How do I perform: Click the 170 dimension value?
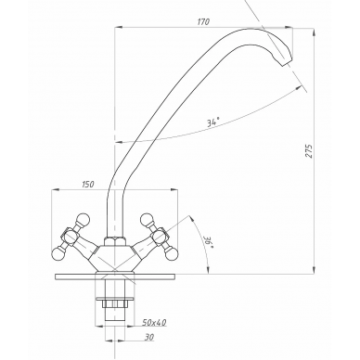tap(203, 21)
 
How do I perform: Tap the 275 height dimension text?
tap(309, 151)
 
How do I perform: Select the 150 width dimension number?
tap(87, 185)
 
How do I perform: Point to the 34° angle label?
tap(213, 122)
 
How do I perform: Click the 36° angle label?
tap(206, 239)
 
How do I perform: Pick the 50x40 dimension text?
tap(154, 323)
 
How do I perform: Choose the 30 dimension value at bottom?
tap(149, 337)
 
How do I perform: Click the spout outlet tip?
tap(287, 64)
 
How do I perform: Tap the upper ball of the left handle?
tap(84, 219)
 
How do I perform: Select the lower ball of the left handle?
tap(58, 254)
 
